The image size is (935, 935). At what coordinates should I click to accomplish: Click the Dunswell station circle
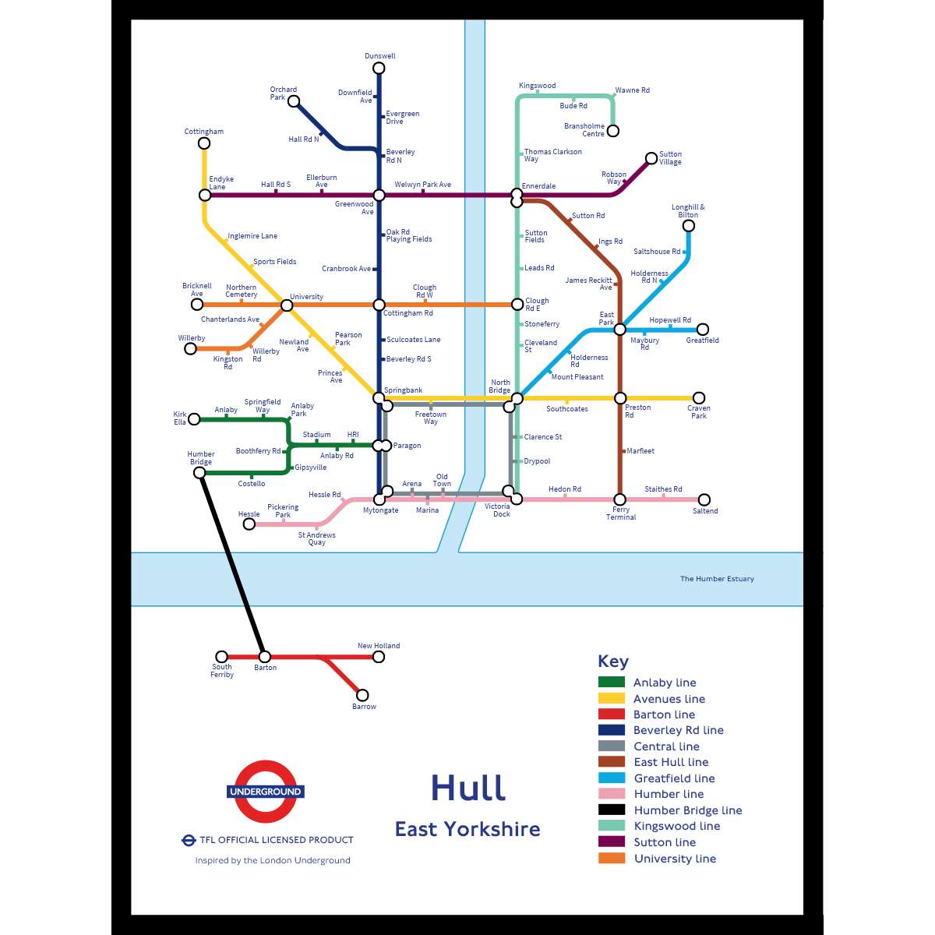click(379, 68)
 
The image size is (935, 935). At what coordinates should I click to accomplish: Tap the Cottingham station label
click(203, 132)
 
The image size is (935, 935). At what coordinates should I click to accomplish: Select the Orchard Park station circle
click(294, 101)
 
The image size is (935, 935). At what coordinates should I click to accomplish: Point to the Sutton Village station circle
click(651, 158)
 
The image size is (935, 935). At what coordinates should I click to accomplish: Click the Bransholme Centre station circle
click(612, 131)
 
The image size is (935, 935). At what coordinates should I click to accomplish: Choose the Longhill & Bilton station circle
click(688, 226)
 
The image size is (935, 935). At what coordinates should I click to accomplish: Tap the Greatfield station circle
click(703, 330)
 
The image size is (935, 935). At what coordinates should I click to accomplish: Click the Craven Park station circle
click(699, 398)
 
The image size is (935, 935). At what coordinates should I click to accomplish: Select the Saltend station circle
click(704, 499)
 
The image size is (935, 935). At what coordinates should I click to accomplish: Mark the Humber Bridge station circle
click(199, 473)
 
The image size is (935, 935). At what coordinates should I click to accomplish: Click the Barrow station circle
click(362, 695)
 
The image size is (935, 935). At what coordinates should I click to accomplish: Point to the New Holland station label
click(379, 646)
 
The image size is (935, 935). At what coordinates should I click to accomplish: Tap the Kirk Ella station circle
click(195, 419)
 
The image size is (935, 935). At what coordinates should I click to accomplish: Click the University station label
click(306, 297)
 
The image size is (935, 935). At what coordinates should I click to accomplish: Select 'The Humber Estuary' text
click(717, 579)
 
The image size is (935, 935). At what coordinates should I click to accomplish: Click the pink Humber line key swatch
click(612, 794)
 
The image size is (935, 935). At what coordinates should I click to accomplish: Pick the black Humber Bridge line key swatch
click(612, 810)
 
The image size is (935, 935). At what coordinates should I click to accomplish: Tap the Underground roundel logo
click(266, 792)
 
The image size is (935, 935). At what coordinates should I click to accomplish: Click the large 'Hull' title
click(468, 788)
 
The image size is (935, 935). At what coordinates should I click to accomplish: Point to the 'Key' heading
click(612, 662)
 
